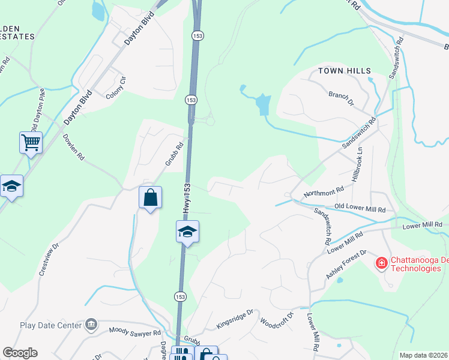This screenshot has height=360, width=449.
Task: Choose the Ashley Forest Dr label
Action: click(346, 265)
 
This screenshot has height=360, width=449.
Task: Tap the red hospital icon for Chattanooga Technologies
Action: click(381, 263)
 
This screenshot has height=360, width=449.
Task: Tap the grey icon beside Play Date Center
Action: click(91, 325)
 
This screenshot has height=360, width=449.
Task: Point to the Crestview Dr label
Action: click(50, 259)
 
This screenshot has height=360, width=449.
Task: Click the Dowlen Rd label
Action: click(73, 146)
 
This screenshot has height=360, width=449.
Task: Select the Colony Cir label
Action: click(116, 88)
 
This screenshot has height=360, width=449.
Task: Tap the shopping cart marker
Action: click(31, 143)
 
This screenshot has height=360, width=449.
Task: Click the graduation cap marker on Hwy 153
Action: click(187, 232)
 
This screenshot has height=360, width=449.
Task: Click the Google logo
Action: click(20, 353)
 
